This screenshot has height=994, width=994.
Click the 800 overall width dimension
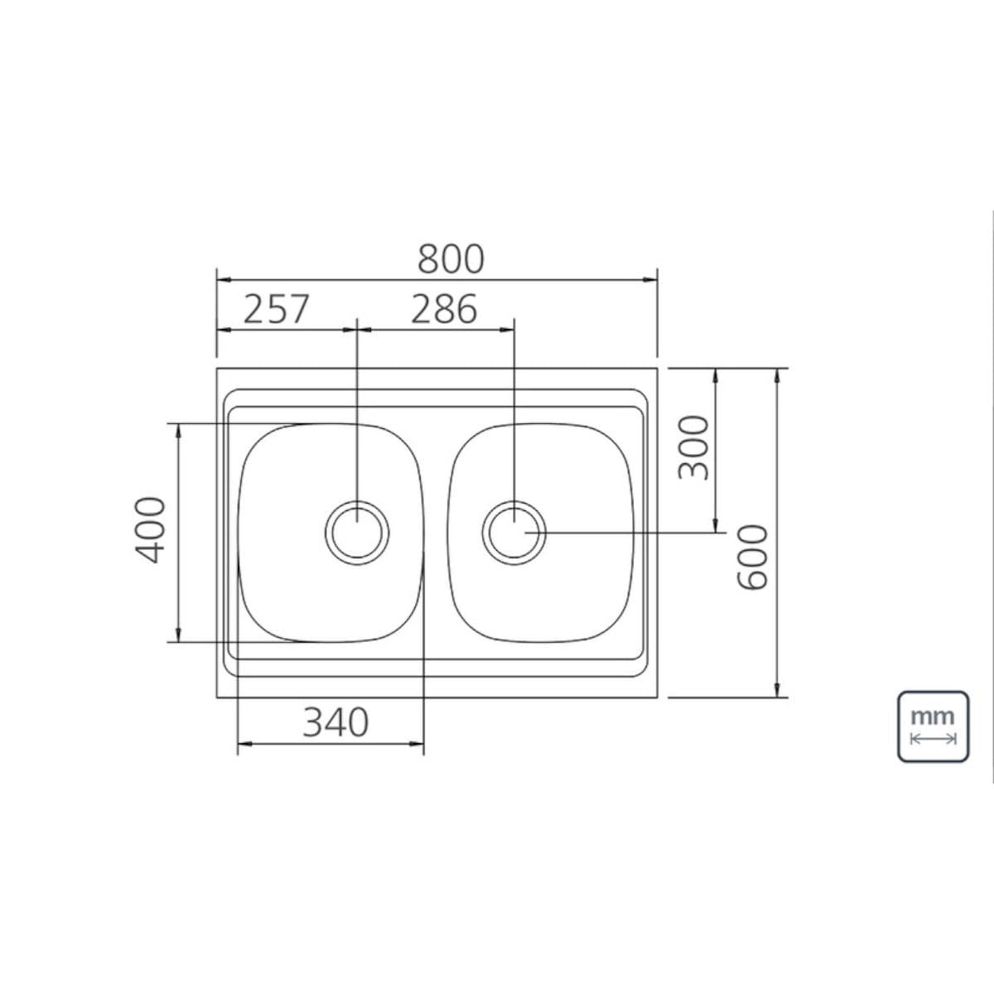(x=451, y=258)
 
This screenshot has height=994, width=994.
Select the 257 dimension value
(x=276, y=309)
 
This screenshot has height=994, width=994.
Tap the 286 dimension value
(x=444, y=309)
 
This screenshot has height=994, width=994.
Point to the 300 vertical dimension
(x=693, y=446)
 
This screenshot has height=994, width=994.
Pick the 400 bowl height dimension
(x=150, y=530)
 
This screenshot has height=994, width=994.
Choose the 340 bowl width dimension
(x=335, y=722)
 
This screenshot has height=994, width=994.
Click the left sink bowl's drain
(x=357, y=533)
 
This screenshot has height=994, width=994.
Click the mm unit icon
(x=934, y=726)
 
